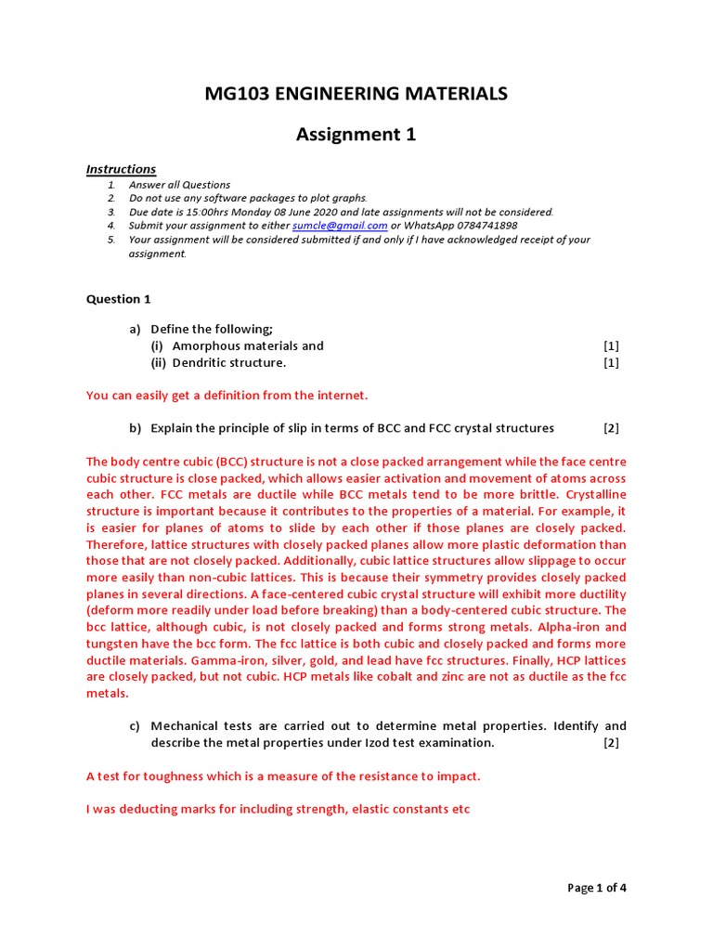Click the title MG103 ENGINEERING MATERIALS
tap(356, 93)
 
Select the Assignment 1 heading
tap(356, 135)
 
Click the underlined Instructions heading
tap(121, 169)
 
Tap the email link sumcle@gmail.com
tap(340, 226)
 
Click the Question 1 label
tap(118, 299)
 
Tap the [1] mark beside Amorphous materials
tap(611, 345)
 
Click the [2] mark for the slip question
tap(611, 428)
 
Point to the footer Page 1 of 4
tap(597, 888)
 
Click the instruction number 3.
tap(110, 212)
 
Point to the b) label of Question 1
tap(135, 428)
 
